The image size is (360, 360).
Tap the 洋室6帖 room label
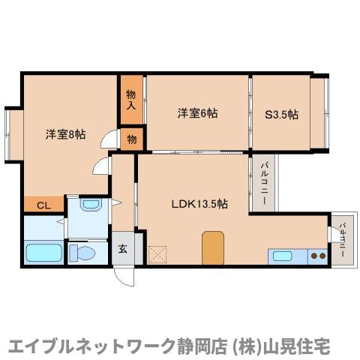[197, 114]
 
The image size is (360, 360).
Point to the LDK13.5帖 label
[199, 203]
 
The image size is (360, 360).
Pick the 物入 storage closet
[130, 100]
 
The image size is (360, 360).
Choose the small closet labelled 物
[130, 139]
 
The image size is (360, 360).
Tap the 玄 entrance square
[123, 250]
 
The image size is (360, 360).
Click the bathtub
[43, 253]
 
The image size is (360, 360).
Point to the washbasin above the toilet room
[88, 205]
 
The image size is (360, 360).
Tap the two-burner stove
[319, 256]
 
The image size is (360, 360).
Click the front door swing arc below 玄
[120, 276]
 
